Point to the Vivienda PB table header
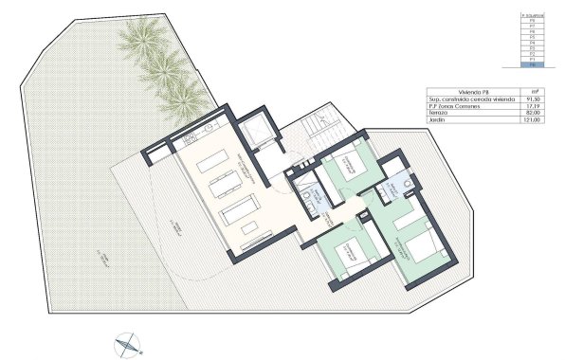464,91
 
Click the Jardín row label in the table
439,121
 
